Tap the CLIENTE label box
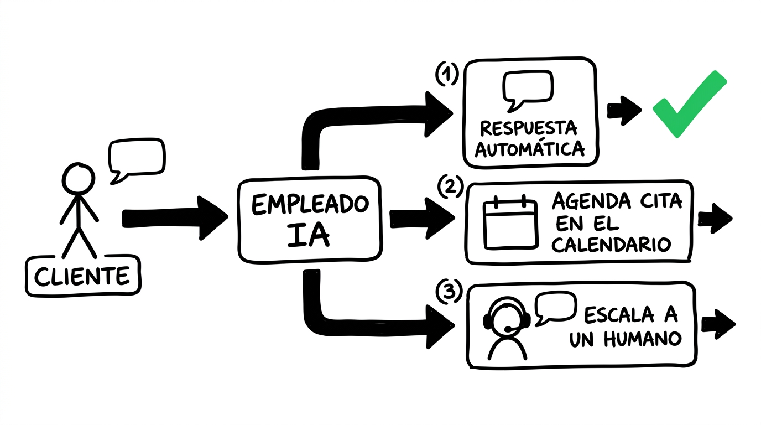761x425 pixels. click(x=82, y=276)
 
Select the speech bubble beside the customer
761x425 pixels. click(x=136, y=158)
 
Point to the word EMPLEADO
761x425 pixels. click(x=310, y=205)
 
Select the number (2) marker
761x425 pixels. click(x=450, y=187)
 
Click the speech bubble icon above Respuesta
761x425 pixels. click(x=527, y=89)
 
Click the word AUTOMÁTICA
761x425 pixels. click(x=529, y=149)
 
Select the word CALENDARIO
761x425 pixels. click(x=612, y=244)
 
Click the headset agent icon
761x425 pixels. click(x=506, y=330)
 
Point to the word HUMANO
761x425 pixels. click(x=642, y=339)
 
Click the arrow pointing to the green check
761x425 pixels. click(x=624, y=111)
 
